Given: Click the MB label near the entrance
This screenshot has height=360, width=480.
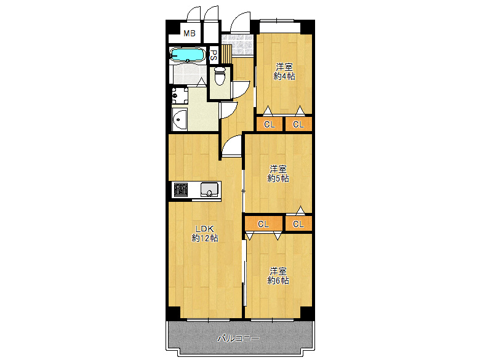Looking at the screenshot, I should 190,33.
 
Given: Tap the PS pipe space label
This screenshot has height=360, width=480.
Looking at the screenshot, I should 214,55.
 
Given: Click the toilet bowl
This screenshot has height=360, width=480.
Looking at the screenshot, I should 220,76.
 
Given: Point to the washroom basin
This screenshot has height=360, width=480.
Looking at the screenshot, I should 180,119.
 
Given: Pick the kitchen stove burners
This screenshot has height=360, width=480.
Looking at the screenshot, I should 180,190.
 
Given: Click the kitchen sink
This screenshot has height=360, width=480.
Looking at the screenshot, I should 210,190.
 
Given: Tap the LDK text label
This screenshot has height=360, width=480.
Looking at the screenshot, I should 204,228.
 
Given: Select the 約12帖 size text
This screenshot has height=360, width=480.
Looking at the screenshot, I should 204,238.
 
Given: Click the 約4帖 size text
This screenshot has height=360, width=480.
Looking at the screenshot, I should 284,76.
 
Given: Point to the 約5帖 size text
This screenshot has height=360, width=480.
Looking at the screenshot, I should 278,178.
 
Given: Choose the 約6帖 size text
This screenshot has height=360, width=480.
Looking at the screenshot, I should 278,280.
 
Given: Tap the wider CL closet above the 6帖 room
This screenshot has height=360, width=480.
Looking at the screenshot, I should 263,223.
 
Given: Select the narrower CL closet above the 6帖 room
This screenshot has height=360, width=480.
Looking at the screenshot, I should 298,223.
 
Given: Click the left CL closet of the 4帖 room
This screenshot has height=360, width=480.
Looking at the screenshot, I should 269,124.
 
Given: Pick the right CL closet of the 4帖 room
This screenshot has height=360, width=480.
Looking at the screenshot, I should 298,124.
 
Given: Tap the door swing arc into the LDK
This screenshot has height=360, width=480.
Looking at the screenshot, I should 232,148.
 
